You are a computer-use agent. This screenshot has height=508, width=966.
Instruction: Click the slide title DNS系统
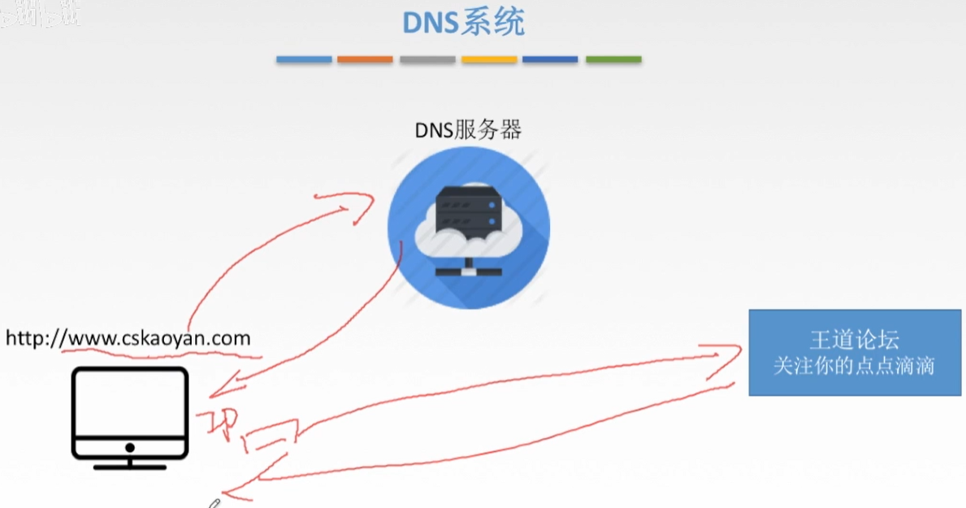click(464, 23)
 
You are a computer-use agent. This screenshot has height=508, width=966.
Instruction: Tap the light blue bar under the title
click(304, 59)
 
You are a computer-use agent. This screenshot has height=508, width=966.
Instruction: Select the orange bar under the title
click(365, 59)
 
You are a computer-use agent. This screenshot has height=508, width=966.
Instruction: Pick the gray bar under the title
click(427, 59)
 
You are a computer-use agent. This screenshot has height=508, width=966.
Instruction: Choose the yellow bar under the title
click(489, 59)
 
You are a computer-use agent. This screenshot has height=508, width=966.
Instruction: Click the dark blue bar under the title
click(550, 59)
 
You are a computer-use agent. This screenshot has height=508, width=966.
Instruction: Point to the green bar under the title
click(613, 59)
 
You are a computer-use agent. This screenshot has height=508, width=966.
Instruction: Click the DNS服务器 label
click(468, 129)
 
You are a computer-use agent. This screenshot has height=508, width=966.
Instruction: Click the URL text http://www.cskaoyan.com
click(128, 337)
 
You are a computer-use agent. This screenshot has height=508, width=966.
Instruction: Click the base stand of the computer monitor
click(130, 466)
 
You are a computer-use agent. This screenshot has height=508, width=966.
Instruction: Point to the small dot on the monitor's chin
click(130, 447)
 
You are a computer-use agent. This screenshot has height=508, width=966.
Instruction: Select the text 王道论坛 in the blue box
click(854, 340)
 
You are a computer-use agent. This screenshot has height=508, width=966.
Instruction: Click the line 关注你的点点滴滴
click(854, 366)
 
